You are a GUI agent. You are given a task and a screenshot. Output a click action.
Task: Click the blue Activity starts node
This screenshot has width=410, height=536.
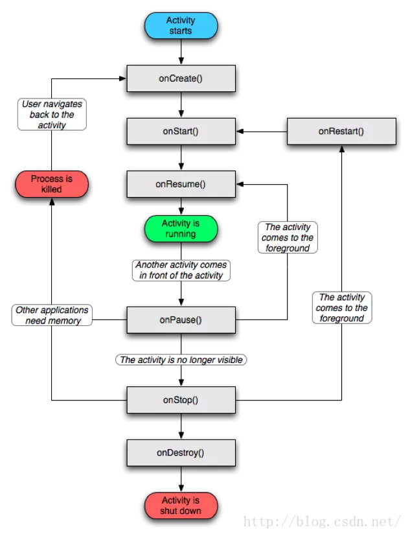[x=181, y=26]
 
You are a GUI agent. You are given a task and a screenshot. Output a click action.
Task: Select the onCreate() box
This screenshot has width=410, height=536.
[x=181, y=78]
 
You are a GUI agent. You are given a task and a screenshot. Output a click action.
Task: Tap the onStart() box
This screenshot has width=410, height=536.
[x=181, y=132]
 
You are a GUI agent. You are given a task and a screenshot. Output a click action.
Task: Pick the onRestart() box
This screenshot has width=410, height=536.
[x=342, y=132]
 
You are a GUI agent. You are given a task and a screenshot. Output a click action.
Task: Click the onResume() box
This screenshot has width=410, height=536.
[x=181, y=184]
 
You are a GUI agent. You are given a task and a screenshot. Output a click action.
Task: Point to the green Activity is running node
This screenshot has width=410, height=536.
[x=181, y=229]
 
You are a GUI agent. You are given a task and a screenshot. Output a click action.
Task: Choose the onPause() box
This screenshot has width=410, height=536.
[x=181, y=320]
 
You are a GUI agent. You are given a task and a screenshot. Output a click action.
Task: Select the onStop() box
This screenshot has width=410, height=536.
[x=181, y=400]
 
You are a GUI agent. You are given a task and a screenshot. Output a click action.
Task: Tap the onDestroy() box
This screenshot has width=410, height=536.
[x=181, y=453]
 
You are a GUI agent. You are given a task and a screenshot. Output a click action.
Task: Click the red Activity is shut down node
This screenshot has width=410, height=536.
[x=181, y=506]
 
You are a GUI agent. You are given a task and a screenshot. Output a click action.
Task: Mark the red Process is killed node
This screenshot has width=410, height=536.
[x=52, y=184]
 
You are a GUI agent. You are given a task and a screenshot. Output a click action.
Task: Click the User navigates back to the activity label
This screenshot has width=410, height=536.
[x=52, y=114]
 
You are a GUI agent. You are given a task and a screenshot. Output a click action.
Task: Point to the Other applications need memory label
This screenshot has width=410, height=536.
[x=52, y=315]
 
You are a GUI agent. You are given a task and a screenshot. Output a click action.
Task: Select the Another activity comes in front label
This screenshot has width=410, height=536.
[x=181, y=270]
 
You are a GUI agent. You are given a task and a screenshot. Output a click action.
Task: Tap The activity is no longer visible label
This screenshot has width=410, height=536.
[x=181, y=360]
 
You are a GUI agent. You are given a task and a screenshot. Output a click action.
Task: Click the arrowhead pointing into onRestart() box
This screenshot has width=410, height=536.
[x=342, y=148]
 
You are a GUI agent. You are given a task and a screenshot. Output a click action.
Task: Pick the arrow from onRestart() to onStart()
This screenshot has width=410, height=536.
[x=262, y=132]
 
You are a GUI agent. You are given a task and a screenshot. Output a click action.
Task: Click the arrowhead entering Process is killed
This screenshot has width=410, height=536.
[x=52, y=202]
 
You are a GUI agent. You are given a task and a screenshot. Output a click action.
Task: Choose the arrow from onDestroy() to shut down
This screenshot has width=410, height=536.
[x=181, y=479]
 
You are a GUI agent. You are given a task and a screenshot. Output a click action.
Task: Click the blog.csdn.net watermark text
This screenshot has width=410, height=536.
[x=322, y=522]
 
